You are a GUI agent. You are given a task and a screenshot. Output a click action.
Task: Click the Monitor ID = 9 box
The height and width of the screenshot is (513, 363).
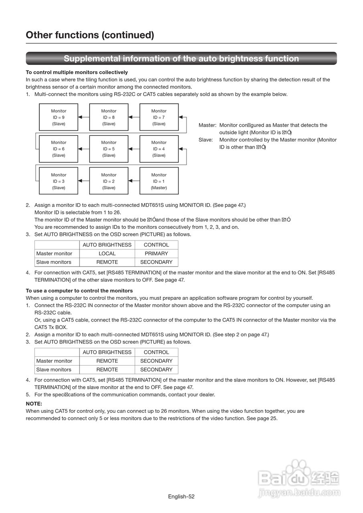[x=59, y=117]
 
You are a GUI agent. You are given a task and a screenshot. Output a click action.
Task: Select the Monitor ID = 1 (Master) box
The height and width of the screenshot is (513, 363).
[x=159, y=181]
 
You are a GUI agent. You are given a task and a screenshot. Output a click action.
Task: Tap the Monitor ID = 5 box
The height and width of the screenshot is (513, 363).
[x=109, y=149]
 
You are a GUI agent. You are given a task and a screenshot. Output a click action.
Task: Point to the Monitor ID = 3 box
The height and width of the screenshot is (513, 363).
[x=59, y=181]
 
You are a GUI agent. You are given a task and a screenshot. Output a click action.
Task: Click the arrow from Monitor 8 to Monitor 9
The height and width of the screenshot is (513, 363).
[x=83, y=117]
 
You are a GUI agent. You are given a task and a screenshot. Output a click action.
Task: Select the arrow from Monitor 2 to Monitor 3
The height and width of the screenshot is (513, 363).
[x=83, y=181]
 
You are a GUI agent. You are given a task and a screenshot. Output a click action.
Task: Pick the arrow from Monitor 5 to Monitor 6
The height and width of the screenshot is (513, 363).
[x=83, y=149]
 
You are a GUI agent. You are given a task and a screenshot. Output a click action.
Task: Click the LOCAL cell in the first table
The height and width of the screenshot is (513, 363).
[x=107, y=253]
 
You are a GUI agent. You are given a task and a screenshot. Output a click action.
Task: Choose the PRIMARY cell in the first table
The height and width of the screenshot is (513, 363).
[x=156, y=253]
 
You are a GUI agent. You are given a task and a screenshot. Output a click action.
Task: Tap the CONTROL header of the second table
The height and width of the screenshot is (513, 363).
[x=156, y=352]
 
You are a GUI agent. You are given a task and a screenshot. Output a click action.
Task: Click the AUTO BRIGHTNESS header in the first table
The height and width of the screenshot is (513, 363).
[x=107, y=245]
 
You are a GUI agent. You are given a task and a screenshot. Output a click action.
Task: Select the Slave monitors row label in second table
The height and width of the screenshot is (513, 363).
[x=54, y=370]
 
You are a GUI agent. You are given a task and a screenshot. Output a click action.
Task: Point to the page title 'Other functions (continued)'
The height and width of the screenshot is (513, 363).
[x=90, y=35]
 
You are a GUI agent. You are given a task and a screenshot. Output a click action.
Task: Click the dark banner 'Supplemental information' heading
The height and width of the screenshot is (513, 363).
[x=181, y=59]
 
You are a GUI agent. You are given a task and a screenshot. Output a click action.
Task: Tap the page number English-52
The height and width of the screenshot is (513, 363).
[x=181, y=497]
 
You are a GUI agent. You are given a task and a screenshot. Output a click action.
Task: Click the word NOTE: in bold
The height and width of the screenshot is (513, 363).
[x=34, y=404]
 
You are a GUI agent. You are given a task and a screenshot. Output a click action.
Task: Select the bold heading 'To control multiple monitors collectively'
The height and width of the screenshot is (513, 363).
[x=77, y=72]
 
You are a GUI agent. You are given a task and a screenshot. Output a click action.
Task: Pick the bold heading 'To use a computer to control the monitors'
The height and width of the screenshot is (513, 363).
[x=79, y=291]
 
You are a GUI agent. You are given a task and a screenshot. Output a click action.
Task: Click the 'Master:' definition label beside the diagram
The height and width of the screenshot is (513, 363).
[x=207, y=125]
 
